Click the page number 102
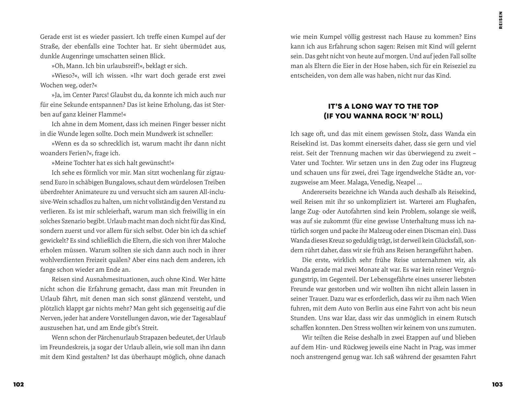coord(18,385)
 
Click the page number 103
coord(497,385)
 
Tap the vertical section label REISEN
coord(501,20)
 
